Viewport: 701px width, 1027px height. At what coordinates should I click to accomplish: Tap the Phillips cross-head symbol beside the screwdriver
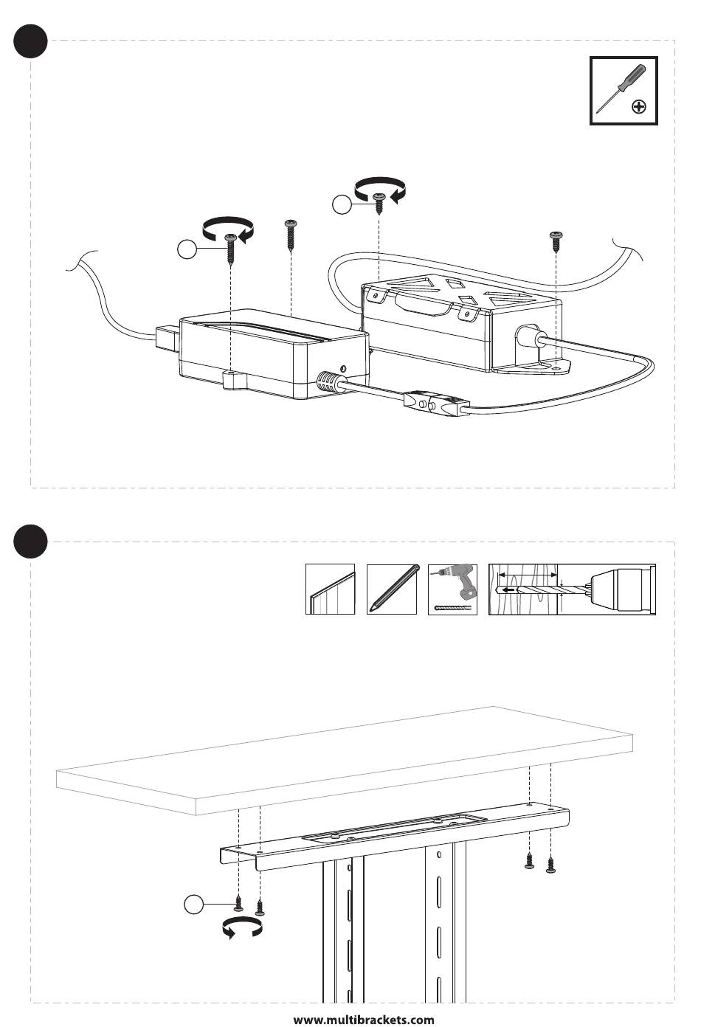640,108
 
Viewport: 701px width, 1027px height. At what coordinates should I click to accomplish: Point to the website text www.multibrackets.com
364,1020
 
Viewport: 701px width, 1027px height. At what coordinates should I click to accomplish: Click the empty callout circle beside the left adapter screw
188,250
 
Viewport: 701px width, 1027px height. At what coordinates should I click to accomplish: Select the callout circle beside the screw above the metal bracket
341,205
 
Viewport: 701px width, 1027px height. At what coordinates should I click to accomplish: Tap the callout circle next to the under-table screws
194,904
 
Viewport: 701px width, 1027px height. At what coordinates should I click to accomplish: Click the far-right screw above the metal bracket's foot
556,241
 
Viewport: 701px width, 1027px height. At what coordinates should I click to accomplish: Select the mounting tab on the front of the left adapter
235,380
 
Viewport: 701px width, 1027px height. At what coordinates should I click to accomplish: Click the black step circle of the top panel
31,41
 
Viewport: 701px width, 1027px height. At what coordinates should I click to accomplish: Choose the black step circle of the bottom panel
31,542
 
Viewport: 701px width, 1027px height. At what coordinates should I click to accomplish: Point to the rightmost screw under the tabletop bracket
550,865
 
